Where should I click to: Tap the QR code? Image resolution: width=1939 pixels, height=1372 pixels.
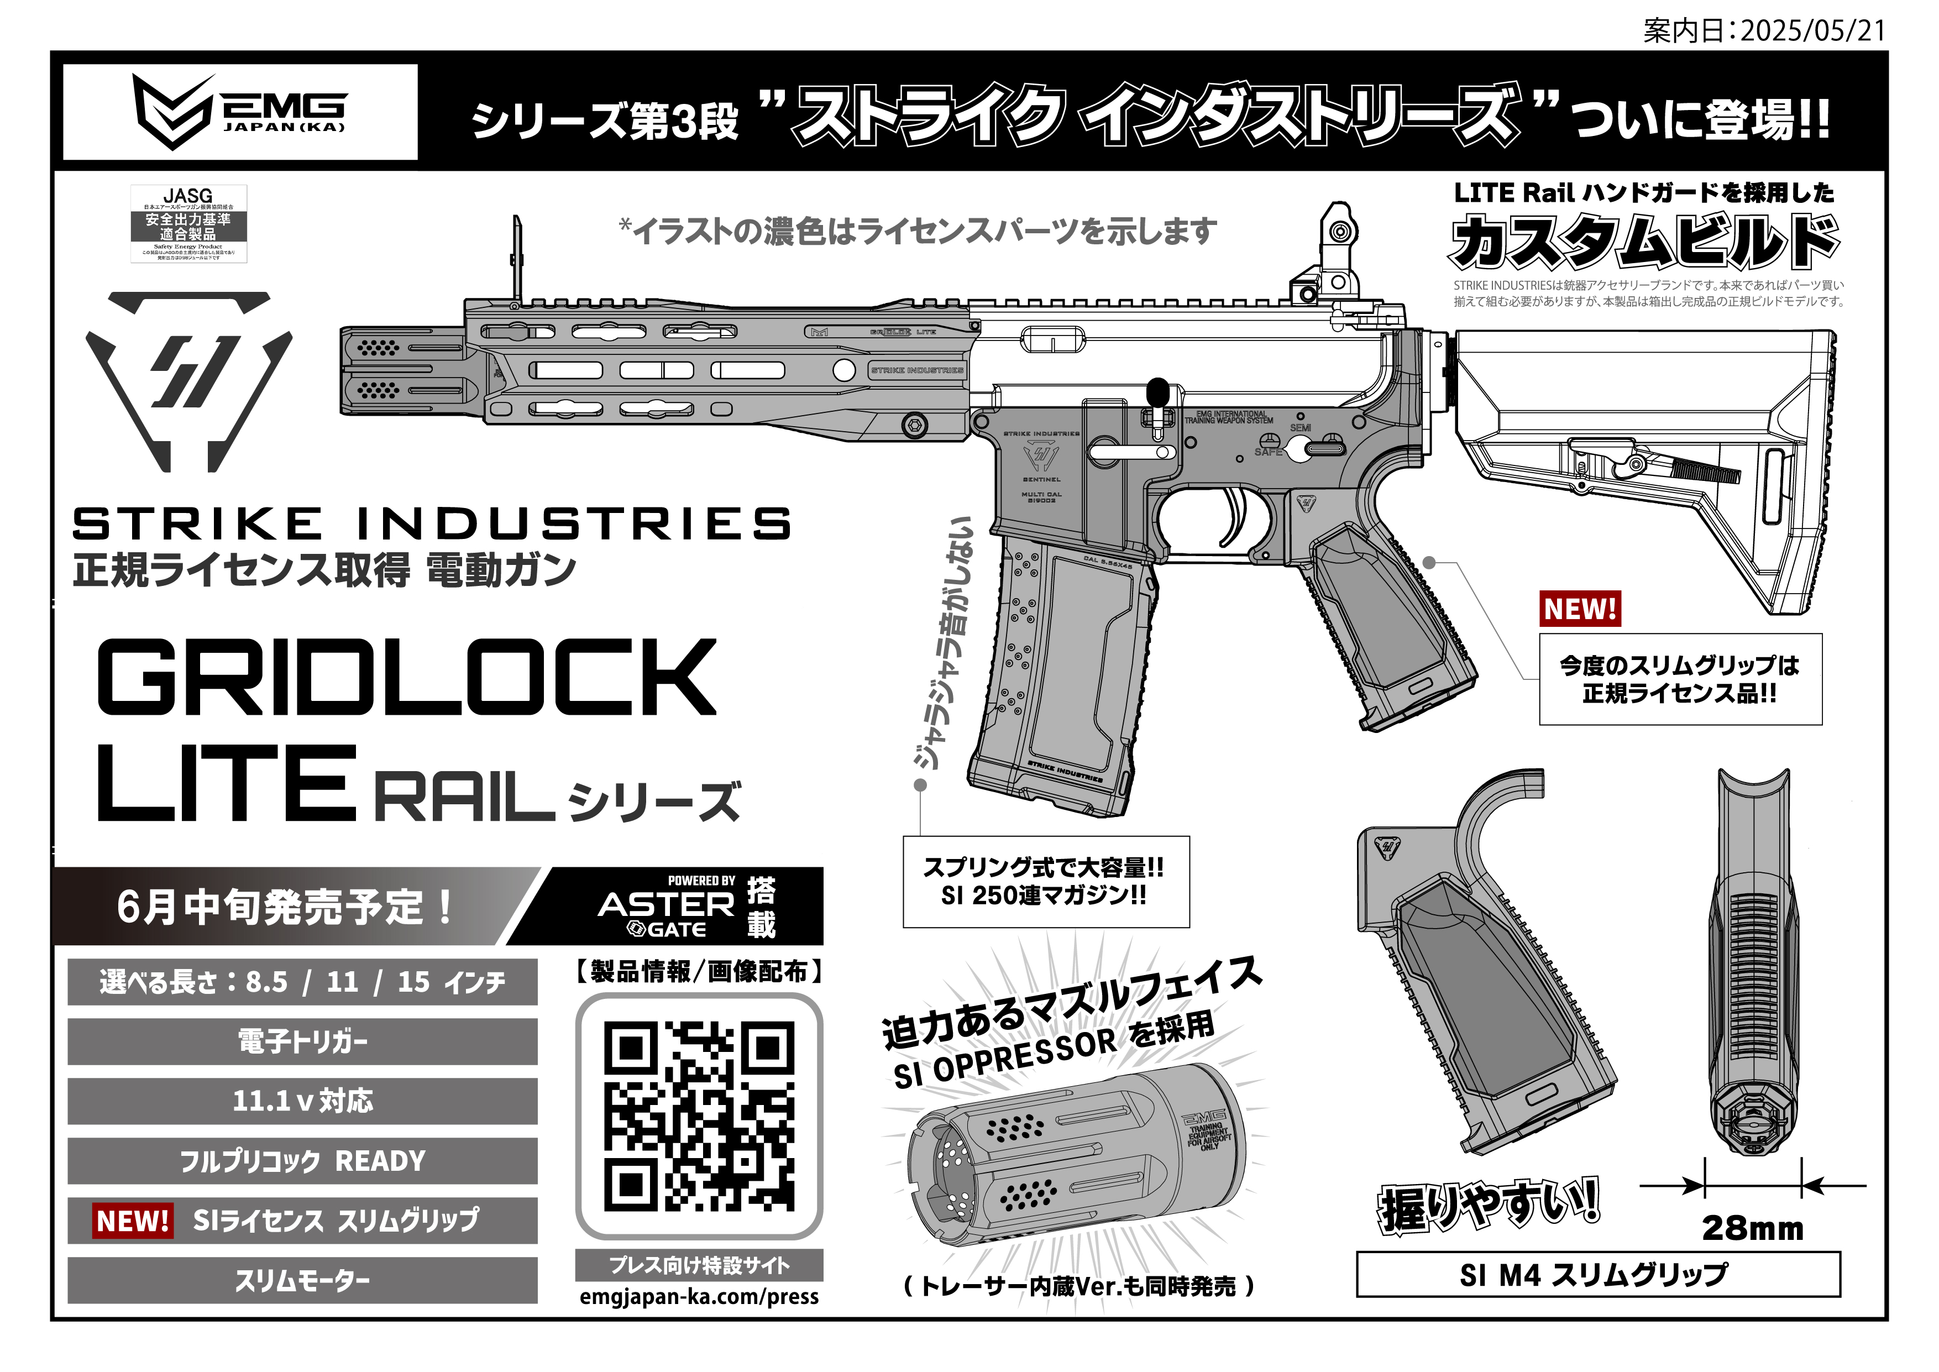pos(699,1116)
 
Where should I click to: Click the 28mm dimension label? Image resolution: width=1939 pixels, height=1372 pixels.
pos(1752,1228)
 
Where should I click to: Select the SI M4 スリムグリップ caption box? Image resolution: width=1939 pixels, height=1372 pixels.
pos(1598,1275)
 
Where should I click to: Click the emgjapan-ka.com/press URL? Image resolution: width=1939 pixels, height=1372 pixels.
pos(699,1297)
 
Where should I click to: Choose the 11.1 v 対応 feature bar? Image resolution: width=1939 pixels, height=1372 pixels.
pos(302,1101)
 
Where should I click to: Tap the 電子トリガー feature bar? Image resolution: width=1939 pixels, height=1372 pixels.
pos(302,1041)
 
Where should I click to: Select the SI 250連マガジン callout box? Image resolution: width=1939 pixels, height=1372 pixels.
pos(1046,881)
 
